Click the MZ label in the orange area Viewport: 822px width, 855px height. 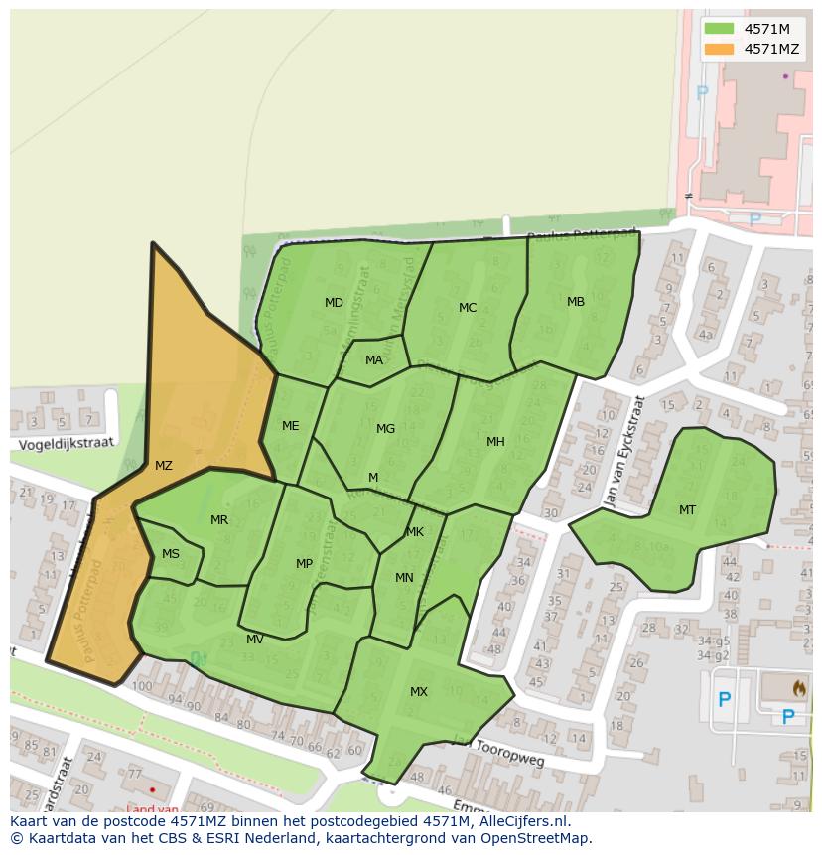(164, 466)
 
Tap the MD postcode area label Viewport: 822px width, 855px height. (334, 303)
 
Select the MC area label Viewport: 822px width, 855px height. (468, 308)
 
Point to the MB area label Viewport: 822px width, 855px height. (576, 302)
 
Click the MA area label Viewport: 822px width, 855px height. (374, 360)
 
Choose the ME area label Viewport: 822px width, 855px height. (290, 426)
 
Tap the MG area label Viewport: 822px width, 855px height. (385, 429)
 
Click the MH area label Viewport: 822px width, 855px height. (495, 442)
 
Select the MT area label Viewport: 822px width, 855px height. (687, 510)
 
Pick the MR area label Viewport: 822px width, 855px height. (219, 520)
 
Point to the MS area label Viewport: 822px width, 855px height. (171, 554)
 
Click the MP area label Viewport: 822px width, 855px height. (304, 564)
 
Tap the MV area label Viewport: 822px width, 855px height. (255, 640)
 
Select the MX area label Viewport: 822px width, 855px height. (419, 692)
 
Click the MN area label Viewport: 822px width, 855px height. (404, 578)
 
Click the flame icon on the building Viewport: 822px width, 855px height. (800, 687)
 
